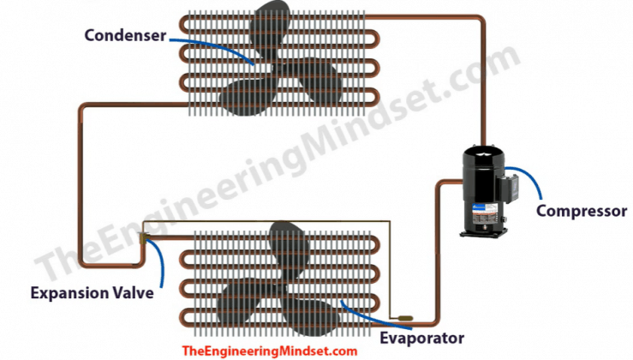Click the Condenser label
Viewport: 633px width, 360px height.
(125, 35)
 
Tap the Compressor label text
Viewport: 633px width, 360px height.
(582, 211)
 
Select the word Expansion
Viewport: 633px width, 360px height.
(64, 293)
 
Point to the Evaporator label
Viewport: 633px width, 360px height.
(422, 338)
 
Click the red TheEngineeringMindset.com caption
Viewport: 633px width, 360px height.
(270, 351)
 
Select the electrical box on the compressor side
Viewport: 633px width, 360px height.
(510, 187)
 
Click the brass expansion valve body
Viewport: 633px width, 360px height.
(143, 238)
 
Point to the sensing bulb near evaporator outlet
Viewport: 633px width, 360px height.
(404, 318)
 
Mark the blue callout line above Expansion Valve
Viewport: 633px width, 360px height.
(161, 259)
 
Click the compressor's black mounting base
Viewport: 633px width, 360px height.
(483, 233)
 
